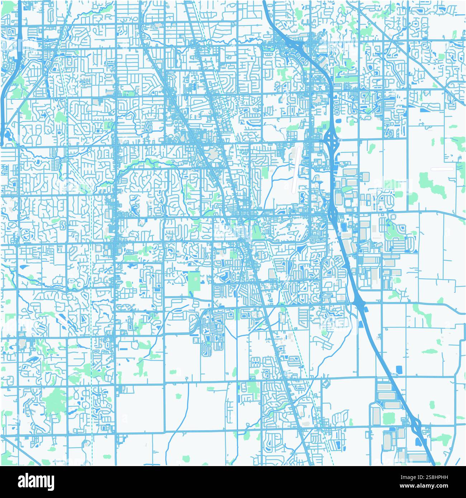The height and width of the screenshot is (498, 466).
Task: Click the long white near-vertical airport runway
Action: [x=296, y=169]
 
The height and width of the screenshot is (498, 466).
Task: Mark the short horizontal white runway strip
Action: [x=442, y=169]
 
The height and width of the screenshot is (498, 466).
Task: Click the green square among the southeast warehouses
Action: [x=388, y=418]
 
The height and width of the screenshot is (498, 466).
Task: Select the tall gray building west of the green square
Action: [x=376, y=416]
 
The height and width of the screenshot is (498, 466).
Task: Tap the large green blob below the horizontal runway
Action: [x=429, y=181]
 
